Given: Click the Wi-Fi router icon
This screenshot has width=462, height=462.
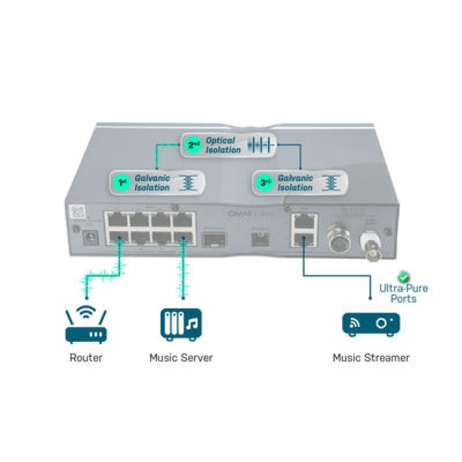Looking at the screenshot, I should pos(85,326).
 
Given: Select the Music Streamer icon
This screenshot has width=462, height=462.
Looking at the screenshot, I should pos(370,324).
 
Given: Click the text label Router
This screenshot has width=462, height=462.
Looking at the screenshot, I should pos(85,358).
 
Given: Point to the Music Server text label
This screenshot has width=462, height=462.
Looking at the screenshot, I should pos(181,358).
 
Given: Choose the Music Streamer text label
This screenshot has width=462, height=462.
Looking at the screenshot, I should pos(371,358).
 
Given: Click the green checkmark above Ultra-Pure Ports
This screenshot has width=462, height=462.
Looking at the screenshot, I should pos(404,276).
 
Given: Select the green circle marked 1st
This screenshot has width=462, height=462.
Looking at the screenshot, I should pos(122,183).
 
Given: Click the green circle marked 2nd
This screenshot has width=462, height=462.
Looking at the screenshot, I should pos(193,145).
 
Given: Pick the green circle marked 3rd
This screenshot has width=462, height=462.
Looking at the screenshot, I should pos(265,183).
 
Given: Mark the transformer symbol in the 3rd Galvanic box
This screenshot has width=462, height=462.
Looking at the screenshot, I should pos(331,183).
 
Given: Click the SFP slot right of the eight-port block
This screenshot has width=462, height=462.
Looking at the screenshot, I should pos(215,237).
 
